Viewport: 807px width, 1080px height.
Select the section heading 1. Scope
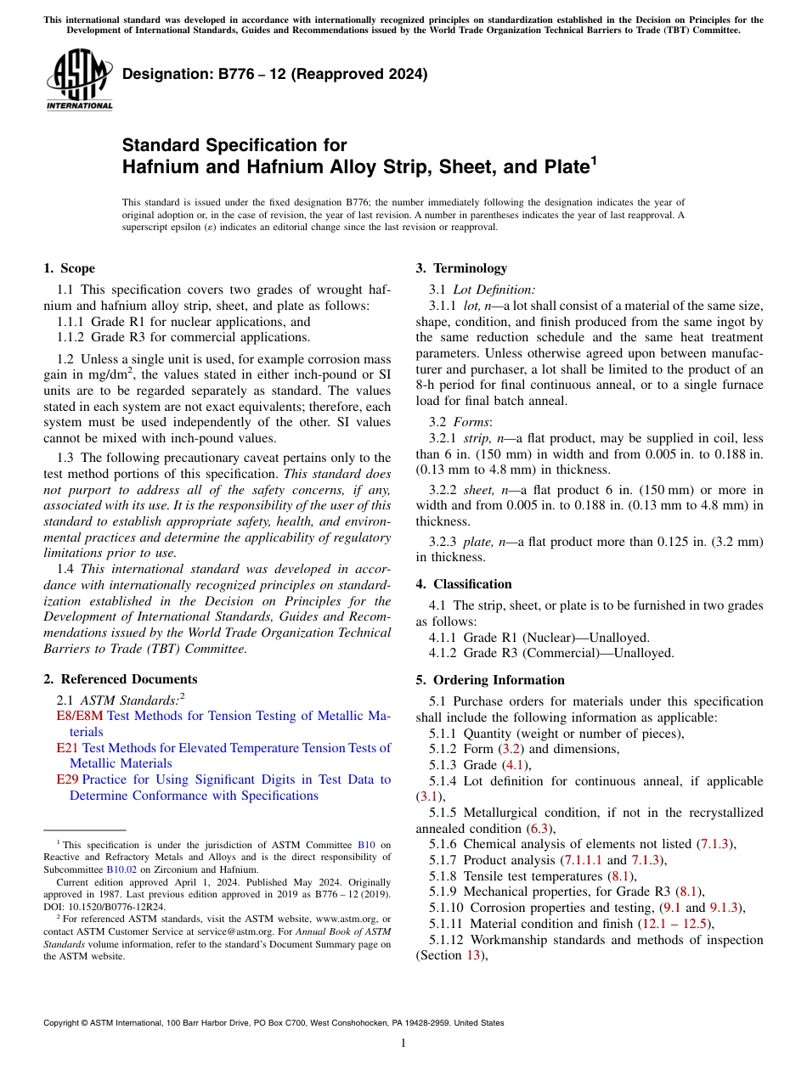coord(69,268)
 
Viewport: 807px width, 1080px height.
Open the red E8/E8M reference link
coord(79,716)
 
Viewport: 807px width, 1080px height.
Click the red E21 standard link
coord(67,748)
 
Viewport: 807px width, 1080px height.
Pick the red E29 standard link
coord(67,779)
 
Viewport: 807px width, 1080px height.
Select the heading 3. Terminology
coord(461,268)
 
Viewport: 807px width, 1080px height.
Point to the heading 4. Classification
coord(464,584)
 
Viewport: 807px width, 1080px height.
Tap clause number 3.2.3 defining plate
coord(445,542)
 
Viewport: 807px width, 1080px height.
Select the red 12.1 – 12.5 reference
coord(672,924)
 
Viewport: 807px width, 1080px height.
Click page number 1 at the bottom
coord(403,1043)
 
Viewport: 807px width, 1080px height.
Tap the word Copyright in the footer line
coord(63,1023)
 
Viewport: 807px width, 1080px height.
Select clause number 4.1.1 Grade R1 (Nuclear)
coord(445,637)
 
